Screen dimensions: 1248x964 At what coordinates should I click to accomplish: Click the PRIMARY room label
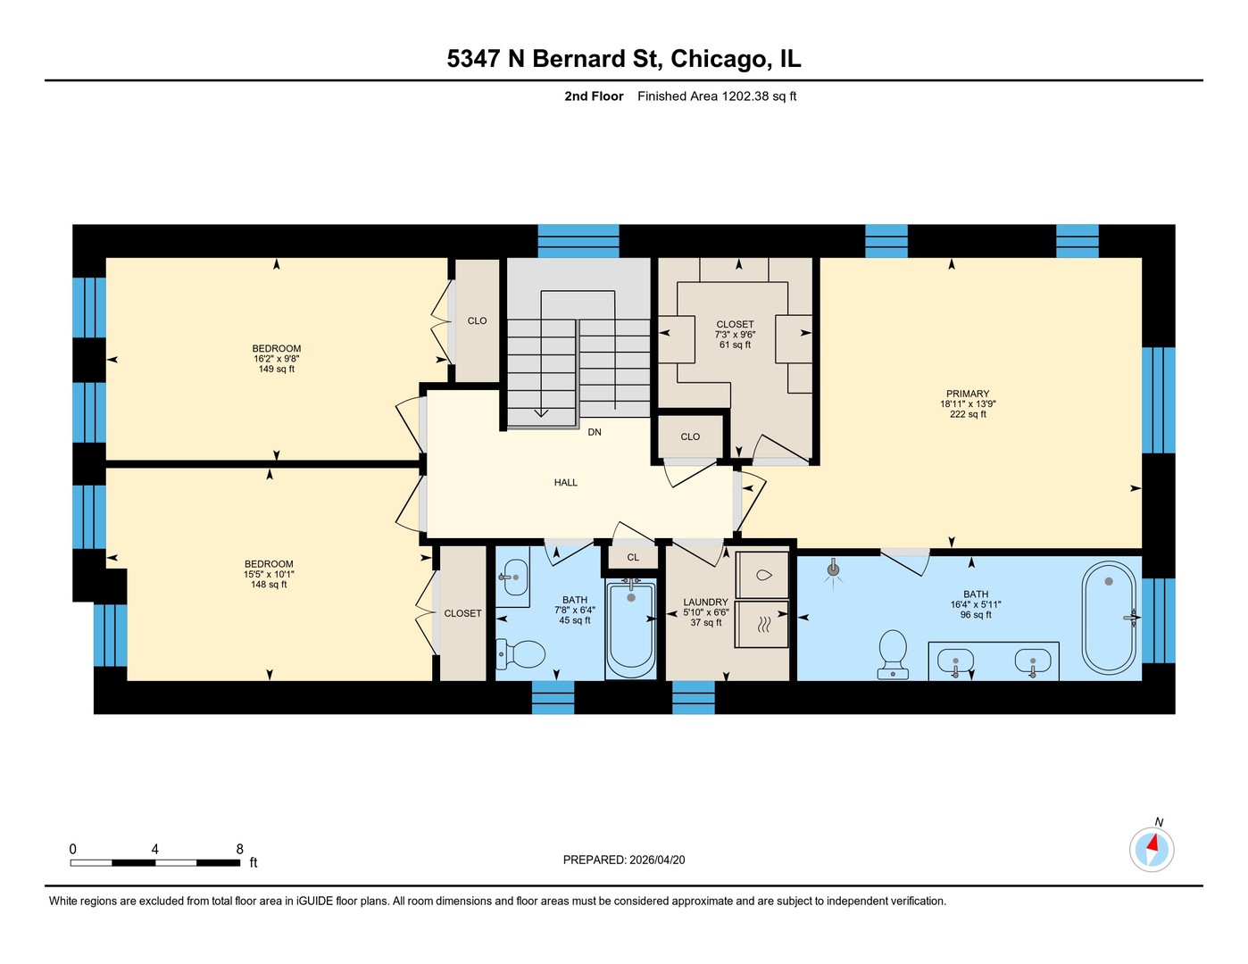968,394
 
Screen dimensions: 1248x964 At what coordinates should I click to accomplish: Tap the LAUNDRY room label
706,602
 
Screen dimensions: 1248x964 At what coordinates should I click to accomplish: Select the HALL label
566,483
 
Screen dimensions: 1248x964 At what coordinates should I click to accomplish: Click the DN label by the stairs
595,432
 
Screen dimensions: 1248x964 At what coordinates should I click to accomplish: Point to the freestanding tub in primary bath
1109,617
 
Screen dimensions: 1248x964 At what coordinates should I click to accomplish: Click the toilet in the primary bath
893,654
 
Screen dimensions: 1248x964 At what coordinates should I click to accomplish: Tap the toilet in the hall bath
520,655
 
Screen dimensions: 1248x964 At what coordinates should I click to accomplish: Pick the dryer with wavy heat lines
762,624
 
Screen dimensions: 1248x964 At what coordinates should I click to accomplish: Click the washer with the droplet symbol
762,576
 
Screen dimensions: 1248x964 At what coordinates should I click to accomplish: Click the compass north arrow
1152,844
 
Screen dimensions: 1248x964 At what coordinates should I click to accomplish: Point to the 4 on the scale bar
154,849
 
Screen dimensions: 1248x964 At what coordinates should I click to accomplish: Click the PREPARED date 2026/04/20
657,860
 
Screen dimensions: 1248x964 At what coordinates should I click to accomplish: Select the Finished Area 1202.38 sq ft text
717,96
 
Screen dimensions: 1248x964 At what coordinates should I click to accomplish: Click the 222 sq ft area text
968,414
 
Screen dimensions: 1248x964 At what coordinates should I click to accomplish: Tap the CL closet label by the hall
633,558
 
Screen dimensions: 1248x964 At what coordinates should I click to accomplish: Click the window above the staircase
578,241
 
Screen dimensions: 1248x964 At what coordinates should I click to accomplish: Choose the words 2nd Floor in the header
594,96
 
